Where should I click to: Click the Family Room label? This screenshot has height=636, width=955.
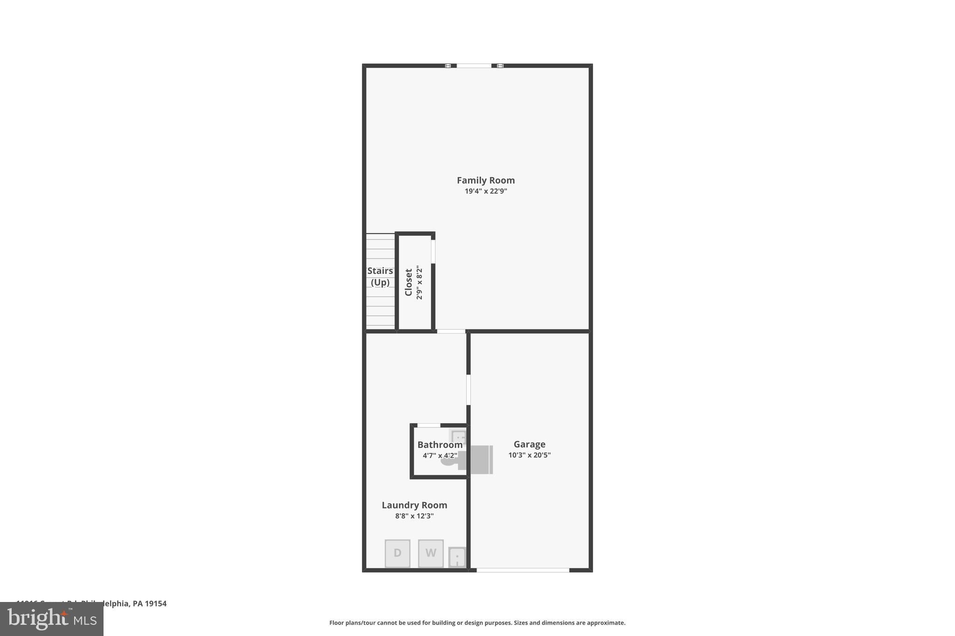click(485, 180)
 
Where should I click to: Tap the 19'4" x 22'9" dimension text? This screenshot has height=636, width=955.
click(485, 191)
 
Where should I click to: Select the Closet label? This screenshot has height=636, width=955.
click(408, 282)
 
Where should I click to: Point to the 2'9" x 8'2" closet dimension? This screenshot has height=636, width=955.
click(419, 282)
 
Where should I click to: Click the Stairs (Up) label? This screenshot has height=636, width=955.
click(380, 276)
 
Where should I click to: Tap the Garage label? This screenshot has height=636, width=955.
click(529, 445)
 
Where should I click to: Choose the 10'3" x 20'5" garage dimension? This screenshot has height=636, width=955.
click(529, 455)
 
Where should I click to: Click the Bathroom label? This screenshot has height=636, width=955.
click(440, 445)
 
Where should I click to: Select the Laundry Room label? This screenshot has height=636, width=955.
click(414, 505)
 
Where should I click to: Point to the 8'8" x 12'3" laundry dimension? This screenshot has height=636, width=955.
click(414, 516)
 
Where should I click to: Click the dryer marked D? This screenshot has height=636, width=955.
click(397, 553)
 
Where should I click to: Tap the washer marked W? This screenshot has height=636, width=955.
click(430, 553)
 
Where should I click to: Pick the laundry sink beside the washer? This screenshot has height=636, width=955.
click(457, 557)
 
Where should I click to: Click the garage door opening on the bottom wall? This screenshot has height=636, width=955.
click(522, 570)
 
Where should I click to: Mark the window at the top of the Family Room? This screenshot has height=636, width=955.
click(474, 66)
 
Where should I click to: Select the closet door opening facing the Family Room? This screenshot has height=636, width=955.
click(433, 252)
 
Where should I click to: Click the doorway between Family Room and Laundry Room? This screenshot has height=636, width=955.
click(451, 331)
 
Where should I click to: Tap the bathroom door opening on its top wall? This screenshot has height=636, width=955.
click(429, 425)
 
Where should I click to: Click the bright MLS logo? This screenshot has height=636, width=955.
click(52, 619)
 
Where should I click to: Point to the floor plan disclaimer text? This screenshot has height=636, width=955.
click(477, 622)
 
